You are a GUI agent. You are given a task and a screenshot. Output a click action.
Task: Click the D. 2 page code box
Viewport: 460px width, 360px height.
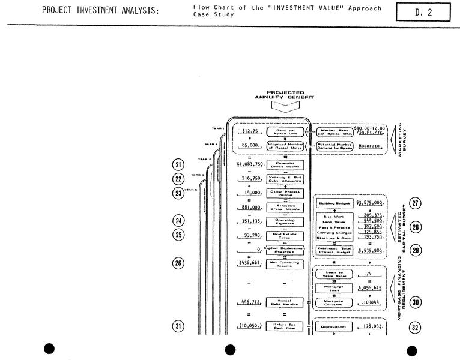(x=423, y=11)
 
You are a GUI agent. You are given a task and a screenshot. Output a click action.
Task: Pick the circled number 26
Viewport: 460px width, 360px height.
(x=178, y=263)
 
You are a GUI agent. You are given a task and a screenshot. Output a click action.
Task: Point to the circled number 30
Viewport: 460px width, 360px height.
(x=415, y=302)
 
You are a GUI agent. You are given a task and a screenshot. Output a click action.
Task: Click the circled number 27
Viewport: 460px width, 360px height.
(x=415, y=203)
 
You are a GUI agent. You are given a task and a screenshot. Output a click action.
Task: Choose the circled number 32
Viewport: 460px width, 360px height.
(x=415, y=328)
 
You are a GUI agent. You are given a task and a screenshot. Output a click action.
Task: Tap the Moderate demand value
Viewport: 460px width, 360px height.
(x=372, y=146)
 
